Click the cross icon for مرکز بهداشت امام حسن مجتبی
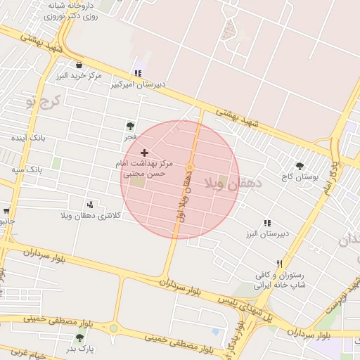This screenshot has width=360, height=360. [x=145, y=153]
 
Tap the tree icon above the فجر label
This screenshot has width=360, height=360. [x=130, y=126]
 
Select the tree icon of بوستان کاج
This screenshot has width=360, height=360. [x=300, y=167]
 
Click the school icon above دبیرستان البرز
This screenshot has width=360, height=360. [x=266, y=223]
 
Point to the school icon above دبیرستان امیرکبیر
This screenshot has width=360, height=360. [x=138, y=72]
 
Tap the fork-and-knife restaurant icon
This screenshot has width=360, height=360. [x=279, y=264]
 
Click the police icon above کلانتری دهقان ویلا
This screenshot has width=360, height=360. [x=90, y=204]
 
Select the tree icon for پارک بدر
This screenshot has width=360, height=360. [x=79, y=337]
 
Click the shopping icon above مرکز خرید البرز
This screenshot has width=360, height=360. [x=79, y=65]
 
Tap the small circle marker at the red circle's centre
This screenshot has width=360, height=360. [x=190, y=167]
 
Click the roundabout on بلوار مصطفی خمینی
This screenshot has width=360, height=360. [x=113, y=328]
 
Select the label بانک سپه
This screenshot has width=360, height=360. [x=28, y=170]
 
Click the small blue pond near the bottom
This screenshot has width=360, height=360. [x=215, y=332]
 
